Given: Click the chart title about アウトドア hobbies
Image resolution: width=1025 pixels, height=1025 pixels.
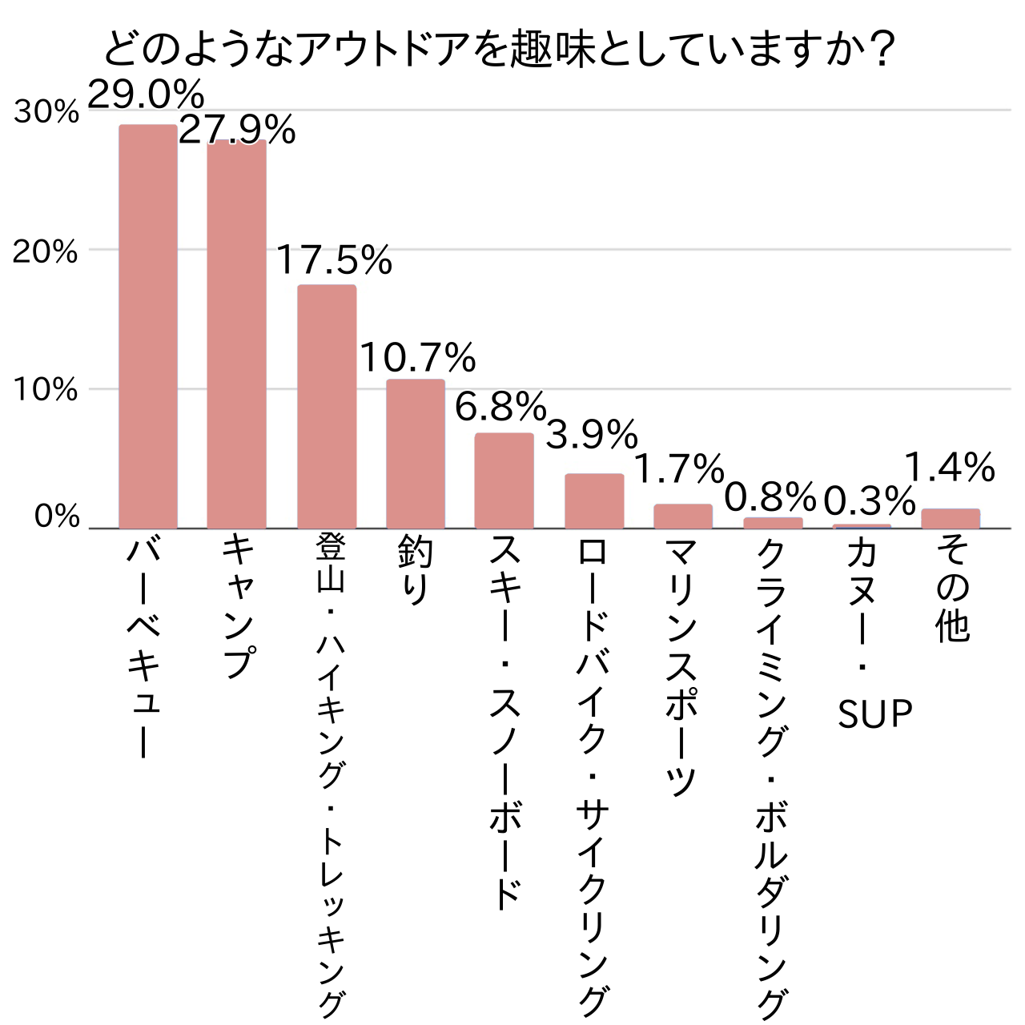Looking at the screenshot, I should (x=498, y=50).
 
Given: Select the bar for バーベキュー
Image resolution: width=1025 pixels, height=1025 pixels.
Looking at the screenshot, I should (x=148, y=327).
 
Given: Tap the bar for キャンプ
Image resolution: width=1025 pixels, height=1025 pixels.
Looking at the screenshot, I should (x=237, y=335).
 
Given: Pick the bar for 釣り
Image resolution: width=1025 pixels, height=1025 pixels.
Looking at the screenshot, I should (x=416, y=454).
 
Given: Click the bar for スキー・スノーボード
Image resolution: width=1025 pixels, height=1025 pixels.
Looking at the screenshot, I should (x=504, y=480).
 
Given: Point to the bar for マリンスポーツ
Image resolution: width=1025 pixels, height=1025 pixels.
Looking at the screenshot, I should (x=683, y=517).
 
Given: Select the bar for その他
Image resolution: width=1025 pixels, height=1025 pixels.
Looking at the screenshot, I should (x=951, y=518).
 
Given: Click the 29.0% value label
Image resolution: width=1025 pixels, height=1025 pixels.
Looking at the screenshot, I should (x=147, y=95).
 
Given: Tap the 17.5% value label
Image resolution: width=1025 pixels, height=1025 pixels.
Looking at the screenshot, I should (x=335, y=260).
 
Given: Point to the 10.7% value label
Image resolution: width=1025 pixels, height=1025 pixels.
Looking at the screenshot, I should (x=417, y=357).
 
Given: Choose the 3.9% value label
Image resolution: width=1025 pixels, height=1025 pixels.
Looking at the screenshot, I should (x=592, y=436).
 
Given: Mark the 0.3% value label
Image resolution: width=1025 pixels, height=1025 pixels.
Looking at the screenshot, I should (x=870, y=502).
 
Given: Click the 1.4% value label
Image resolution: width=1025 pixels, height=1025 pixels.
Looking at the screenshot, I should (x=950, y=468).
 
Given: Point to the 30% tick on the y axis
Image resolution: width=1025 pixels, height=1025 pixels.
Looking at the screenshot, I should (x=46, y=112).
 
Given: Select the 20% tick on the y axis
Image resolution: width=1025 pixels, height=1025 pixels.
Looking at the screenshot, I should (x=46, y=252).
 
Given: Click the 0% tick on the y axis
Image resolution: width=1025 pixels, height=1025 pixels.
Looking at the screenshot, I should (x=57, y=517).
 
